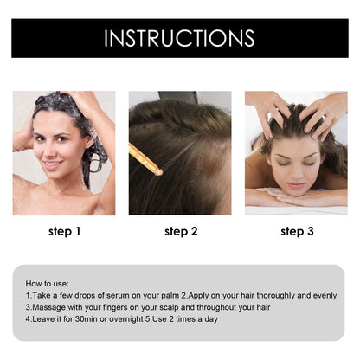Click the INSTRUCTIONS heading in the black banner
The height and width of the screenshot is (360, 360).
pyautogui.click(x=179, y=38)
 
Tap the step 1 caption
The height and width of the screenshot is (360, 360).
pyautogui.click(x=65, y=231)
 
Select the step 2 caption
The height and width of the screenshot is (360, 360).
pyautogui.click(x=181, y=231)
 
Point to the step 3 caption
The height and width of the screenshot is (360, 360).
pyautogui.click(x=297, y=231)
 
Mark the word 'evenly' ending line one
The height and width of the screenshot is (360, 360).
pyautogui.click(x=323, y=295)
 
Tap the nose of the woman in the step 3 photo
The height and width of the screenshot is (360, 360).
pyautogui.click(x=295, y=174)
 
